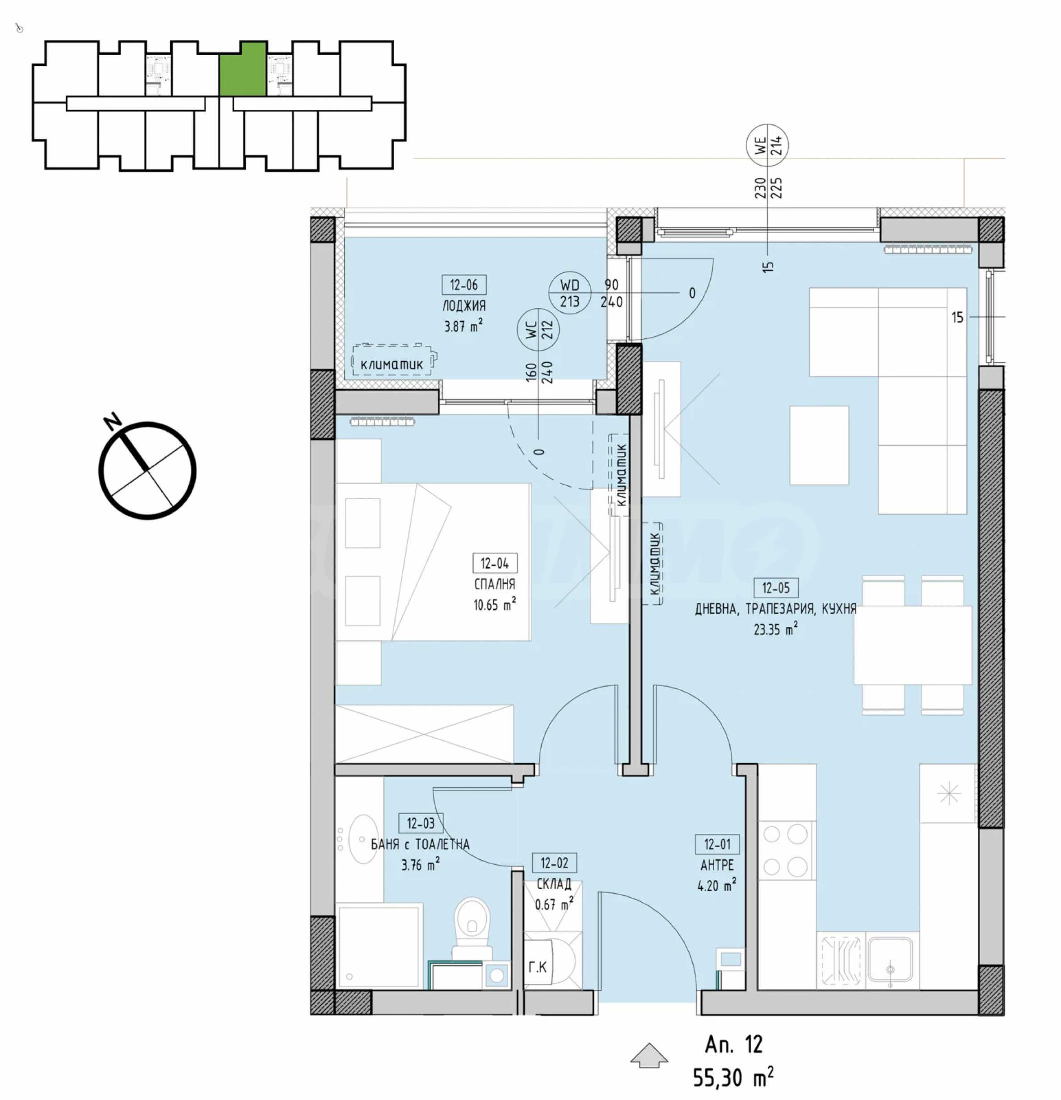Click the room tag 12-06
pos(464,285)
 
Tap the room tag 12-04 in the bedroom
pos(495,563)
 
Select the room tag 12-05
pos(775,588)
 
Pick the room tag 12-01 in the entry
pos(717,844)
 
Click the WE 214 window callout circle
pos(767,145)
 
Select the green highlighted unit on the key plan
pos(242,68)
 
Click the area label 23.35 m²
pos(775,629)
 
